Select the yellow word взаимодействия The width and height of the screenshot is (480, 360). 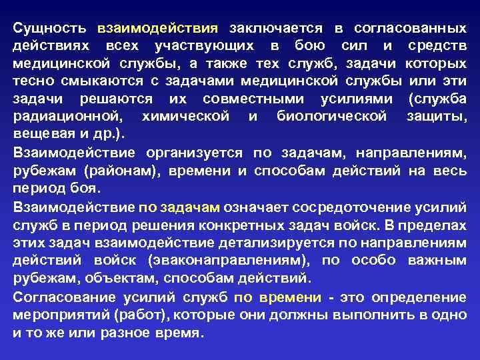(158, 29)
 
